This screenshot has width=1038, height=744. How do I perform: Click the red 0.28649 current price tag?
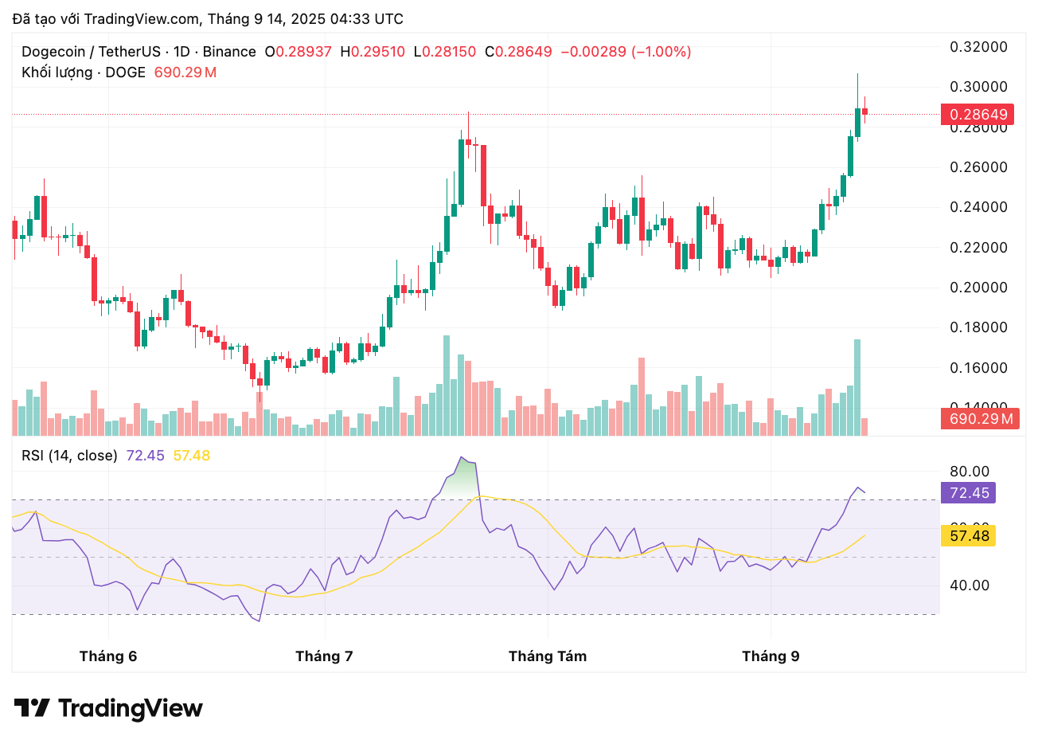978,115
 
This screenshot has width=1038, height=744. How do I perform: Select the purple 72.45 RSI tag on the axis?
968,493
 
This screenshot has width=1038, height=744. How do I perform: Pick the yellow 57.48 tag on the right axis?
968,536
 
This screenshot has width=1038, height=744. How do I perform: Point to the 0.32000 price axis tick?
978,47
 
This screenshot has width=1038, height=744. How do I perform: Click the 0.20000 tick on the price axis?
978,288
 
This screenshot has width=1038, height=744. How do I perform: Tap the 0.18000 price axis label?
978,327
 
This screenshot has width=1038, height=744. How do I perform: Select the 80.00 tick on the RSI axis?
970,472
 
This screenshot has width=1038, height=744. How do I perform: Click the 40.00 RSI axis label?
970,585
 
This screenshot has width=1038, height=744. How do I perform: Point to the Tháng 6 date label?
108,656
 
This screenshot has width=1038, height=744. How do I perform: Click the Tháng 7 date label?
324,656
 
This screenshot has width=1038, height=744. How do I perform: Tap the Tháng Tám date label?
548,656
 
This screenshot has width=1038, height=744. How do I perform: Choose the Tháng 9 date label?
771,656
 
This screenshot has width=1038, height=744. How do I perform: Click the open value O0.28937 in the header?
299,52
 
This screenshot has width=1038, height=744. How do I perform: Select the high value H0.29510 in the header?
373,52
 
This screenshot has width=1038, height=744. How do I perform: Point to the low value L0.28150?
445,52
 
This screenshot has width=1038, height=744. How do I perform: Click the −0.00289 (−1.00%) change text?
626,52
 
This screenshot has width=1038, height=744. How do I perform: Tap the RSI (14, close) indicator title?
69,456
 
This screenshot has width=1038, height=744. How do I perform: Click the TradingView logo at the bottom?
109,708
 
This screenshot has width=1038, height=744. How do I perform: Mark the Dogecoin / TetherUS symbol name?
91,52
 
